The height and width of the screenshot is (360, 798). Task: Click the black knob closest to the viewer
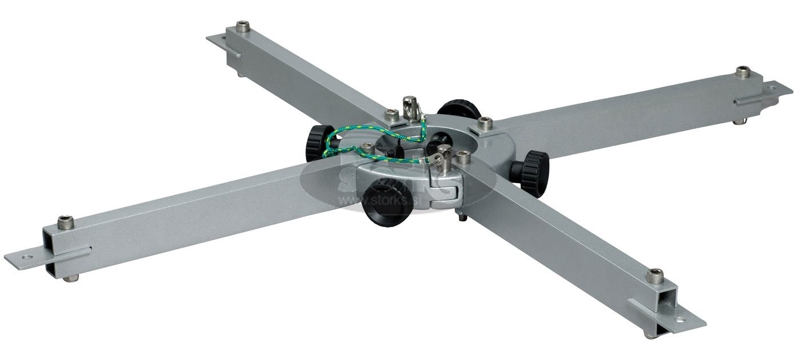387,202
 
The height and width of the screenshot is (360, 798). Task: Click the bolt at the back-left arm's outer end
243,27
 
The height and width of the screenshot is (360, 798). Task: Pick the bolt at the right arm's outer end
743,72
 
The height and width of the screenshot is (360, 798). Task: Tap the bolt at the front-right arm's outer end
655,276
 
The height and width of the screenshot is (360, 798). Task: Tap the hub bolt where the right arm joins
485,123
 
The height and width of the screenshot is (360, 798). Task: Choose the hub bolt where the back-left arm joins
392,115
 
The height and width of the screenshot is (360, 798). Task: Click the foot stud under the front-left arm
71,278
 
